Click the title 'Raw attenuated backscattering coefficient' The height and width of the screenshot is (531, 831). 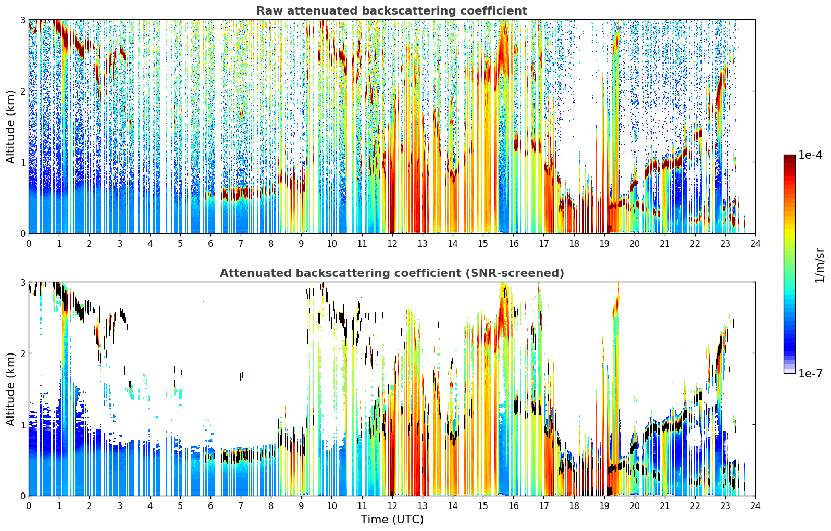(392, 11)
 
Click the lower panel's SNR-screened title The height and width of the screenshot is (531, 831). (392, 273)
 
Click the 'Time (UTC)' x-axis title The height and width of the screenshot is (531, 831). (392, 519)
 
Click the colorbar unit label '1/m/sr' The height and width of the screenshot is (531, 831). (820, 266)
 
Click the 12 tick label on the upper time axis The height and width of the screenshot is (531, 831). (392, 244)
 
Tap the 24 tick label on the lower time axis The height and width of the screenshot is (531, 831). (755, 506)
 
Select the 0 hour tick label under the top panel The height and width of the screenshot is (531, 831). (29, 244)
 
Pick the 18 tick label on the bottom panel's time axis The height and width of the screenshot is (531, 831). (574, 506)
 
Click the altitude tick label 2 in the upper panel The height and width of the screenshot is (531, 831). (22, 91)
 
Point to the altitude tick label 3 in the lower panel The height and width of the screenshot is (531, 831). (22, 282)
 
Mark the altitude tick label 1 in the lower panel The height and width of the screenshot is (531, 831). (22, 425)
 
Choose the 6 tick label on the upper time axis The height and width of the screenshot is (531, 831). (210, 244)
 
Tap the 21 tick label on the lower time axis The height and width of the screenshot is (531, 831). (665, 506)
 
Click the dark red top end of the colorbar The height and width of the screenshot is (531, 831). (789, 157)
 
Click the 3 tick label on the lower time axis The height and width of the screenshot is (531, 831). (120, 506)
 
